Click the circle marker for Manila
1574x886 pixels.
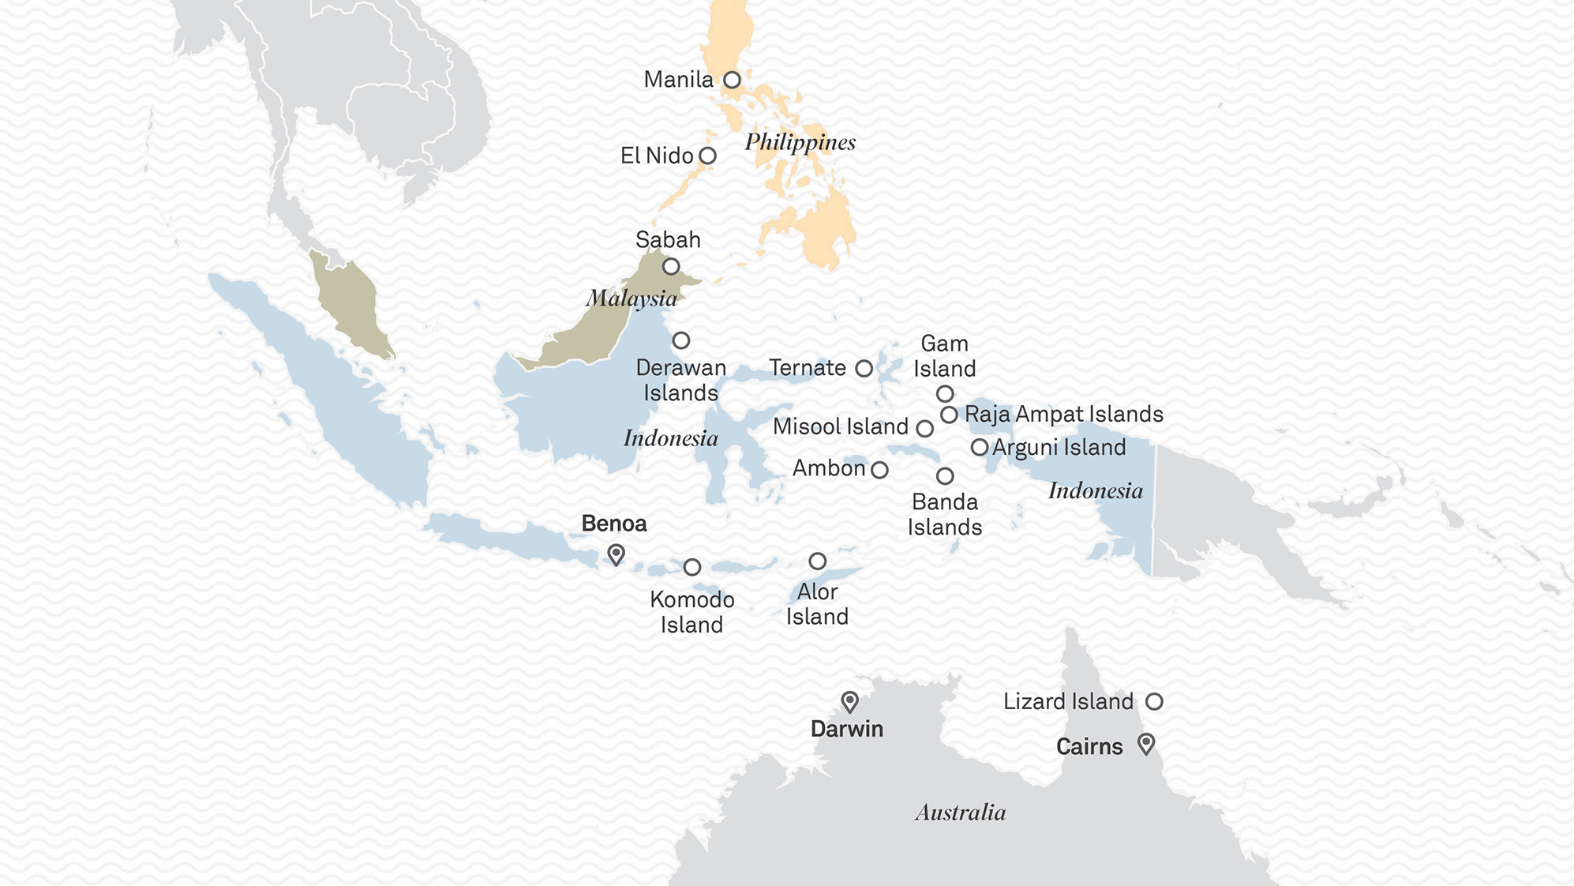[x=732, y=80]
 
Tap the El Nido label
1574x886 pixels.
[x=656, y=156]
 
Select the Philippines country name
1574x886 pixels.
[x=800, y=142]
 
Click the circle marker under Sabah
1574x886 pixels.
[x=671, y=266]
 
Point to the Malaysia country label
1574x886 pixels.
[x=631, y=298]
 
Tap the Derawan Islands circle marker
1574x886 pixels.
[x=681, y=340]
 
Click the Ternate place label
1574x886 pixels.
[x=807, y=368]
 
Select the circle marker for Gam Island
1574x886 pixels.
[x=945, y=393]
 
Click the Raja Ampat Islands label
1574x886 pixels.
[x=1063, y=414]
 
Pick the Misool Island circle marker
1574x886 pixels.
[x=925, y=429]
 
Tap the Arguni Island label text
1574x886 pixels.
[x=1059, y=447]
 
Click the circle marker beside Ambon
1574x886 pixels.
[x=879, y=470]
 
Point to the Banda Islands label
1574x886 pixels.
[x=944, y=514]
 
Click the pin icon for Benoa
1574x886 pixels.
[x=616, y=554]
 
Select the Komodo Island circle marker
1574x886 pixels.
[x=692, y=567]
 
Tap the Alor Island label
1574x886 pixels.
[x=817, y=604]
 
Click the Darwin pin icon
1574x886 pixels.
[x=849, y=701]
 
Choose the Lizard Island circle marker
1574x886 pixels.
[x=1154, y=701]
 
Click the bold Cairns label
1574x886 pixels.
[x=1089, y=746]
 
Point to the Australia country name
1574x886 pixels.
[x=960, y=813]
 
